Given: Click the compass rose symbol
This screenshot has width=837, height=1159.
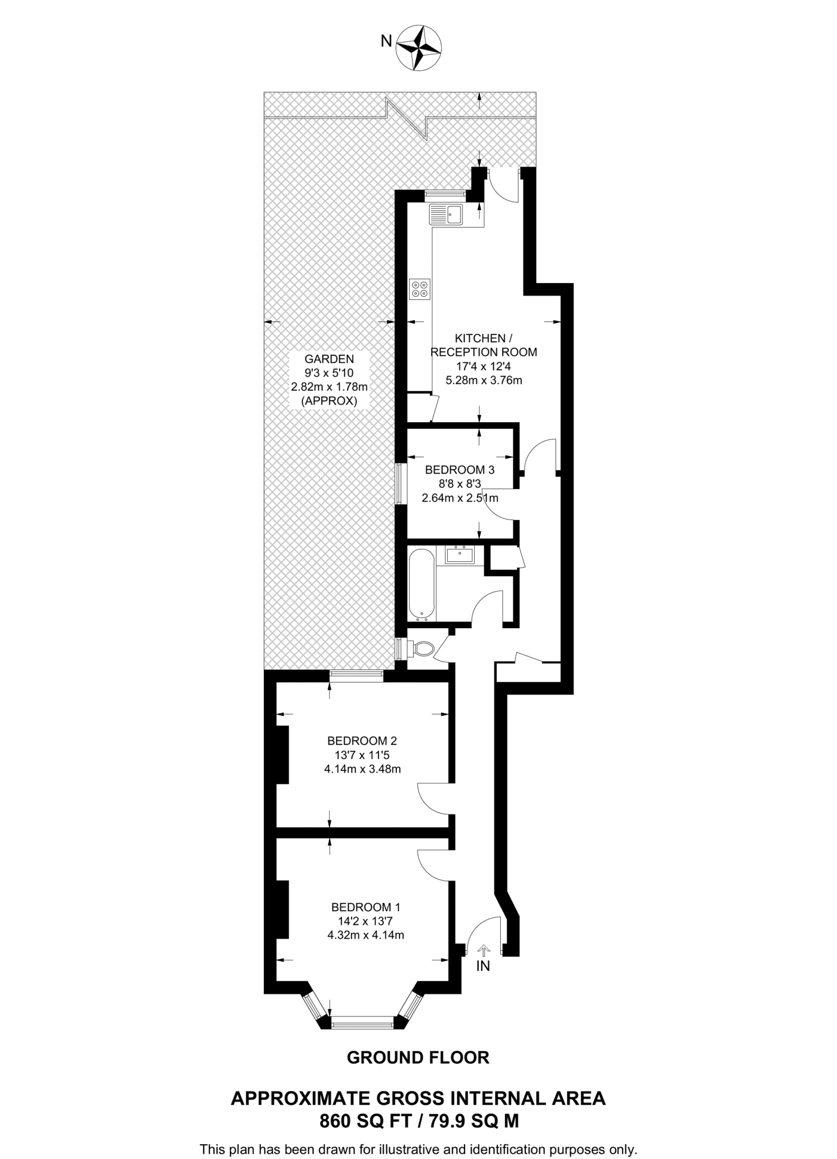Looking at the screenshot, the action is coord(419,48).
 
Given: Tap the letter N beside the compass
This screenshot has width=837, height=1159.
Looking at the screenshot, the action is coord(387,41).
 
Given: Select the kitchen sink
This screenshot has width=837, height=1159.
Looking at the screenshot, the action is coord(446,214).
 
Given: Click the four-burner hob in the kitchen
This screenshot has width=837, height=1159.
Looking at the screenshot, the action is coord(420,289).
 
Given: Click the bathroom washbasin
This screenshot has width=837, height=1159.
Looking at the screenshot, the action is coord(460,554).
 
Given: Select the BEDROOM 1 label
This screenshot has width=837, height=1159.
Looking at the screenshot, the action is coord(366,906).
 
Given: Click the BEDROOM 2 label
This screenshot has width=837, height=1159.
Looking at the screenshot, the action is coord(362,741).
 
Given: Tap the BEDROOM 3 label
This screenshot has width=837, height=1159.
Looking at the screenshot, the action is coord(460,469).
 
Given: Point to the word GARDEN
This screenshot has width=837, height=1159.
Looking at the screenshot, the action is coord(329,358).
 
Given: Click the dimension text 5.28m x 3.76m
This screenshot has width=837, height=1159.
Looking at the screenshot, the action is coord(484,380).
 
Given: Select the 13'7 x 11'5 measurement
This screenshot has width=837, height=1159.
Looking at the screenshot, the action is coord(362,755).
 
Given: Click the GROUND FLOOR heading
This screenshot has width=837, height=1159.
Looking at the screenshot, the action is coord(418,1057).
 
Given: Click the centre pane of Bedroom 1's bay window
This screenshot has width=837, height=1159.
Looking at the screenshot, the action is coord(362,1021).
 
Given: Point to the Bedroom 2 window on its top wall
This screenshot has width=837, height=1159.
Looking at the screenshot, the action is coord(357,673).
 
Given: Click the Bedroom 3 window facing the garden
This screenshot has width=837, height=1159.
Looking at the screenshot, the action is coord(401,483).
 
